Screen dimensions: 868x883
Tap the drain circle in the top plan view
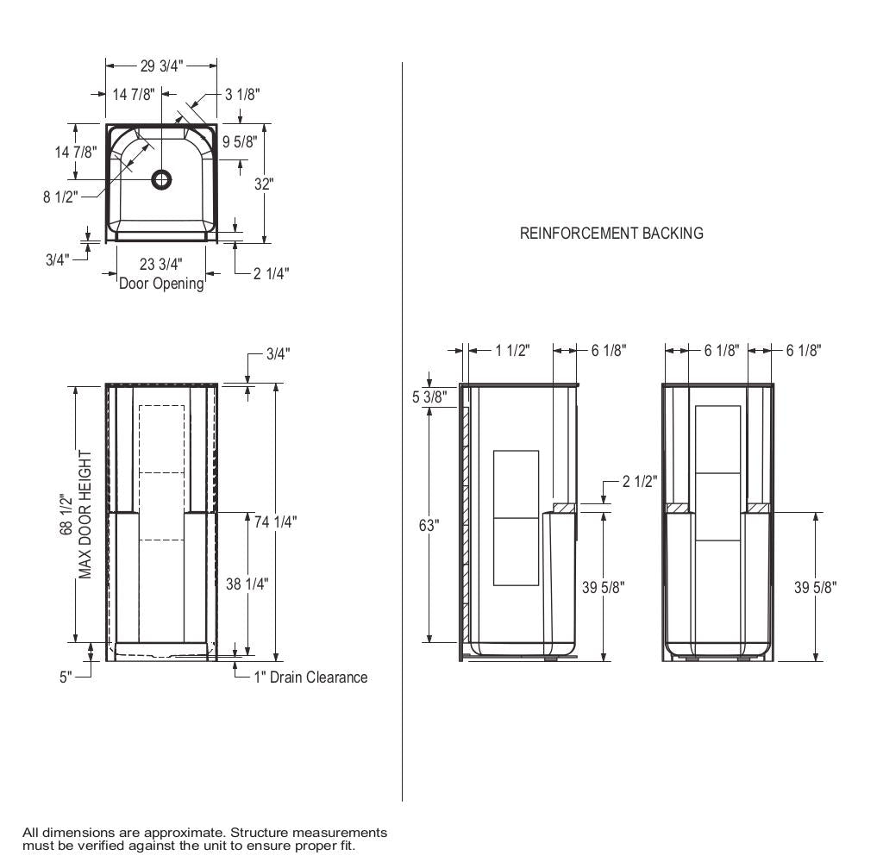tap(161, 179)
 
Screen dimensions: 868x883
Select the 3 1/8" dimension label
tap(242, 95)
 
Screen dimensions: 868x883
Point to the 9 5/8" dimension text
tap(240, 142)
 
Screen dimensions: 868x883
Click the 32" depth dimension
tap(264, 184)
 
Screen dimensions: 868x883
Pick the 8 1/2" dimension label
tap(60, 197)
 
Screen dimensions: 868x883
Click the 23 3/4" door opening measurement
tap(161, 265)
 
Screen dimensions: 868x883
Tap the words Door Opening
tap(161, 283)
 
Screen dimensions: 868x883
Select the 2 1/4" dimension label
tap(271, 273)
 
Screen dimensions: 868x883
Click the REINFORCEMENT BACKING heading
tap(611, 233)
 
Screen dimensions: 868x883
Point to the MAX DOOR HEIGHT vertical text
tap(85, 515)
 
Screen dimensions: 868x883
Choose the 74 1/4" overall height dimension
tap(276, 521)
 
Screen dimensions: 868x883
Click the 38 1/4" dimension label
tap(247, 584)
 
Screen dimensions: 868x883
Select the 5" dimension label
tap(66, 678)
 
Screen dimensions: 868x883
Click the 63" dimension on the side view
tap(429, 525)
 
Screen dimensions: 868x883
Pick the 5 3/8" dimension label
tap(429, 397)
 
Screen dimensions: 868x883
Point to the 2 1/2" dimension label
tap(641, 481)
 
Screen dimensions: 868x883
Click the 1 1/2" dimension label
tap(512, 350)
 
